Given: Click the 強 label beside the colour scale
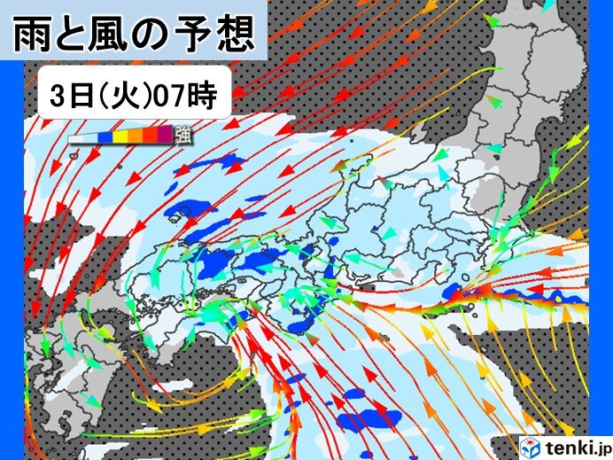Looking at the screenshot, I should pos(183,135).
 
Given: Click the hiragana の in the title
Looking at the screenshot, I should pos(157,35).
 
